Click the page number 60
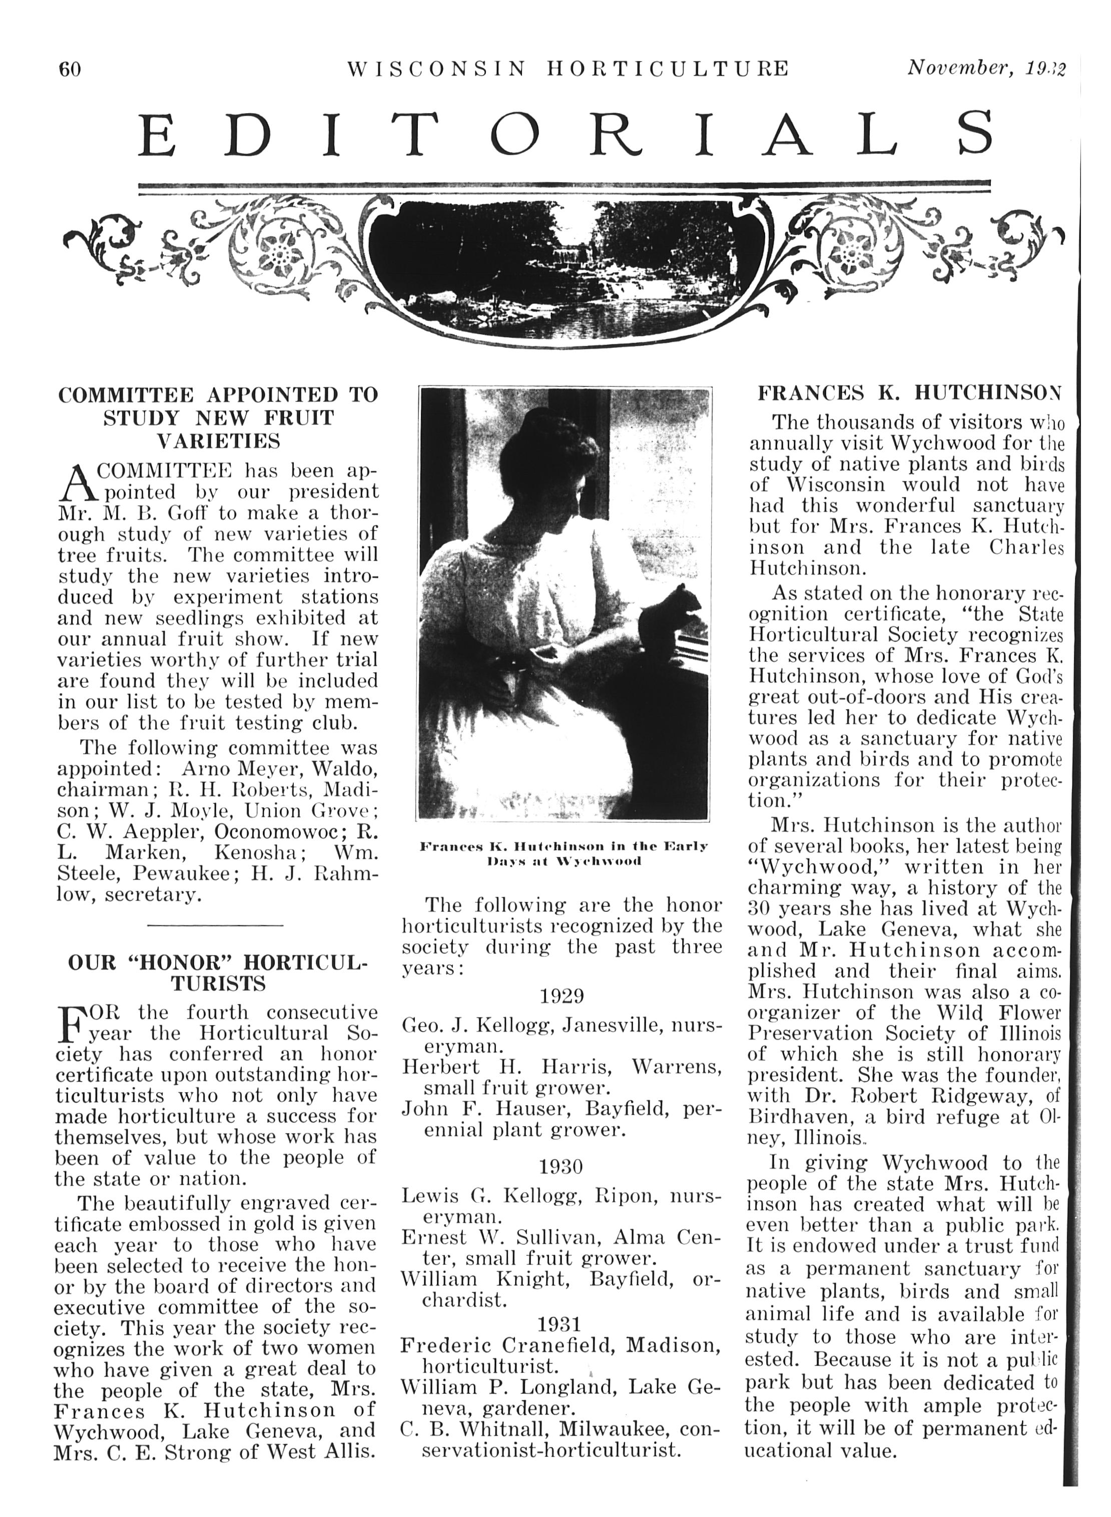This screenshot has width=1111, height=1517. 70,69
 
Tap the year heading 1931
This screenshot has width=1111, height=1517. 560,1323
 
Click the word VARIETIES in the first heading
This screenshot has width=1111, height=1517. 218,441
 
